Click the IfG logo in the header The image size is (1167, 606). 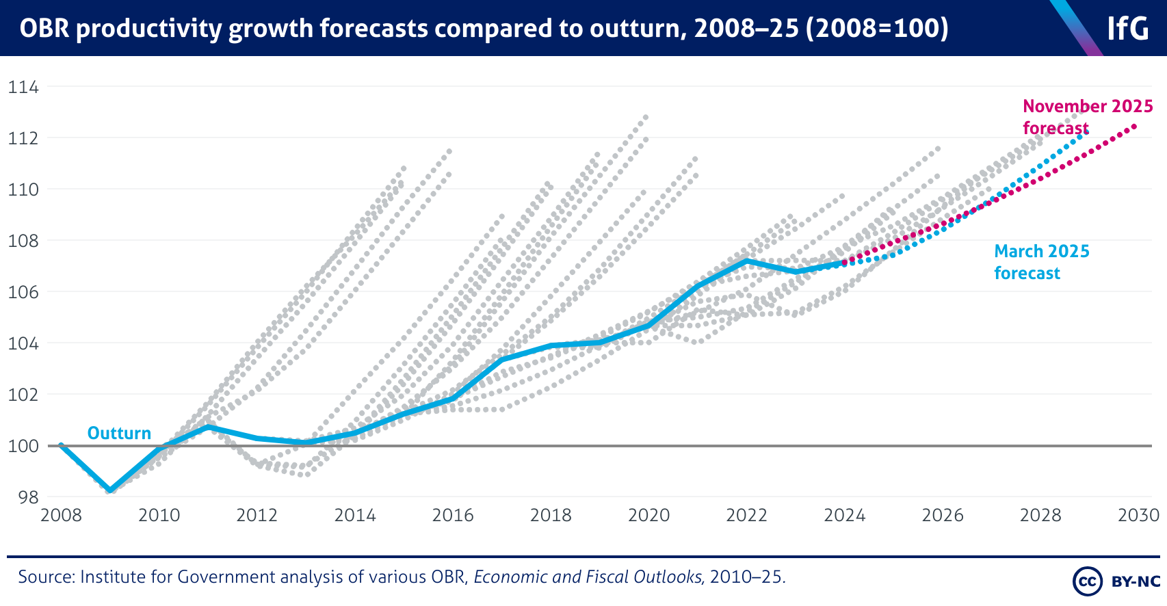pos(1127,28)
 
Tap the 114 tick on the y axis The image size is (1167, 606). pos(23,88)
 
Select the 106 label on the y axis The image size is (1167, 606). pos(23,292)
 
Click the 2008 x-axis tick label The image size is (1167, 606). pos(61,516)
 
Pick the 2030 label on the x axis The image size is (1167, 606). pos(1138,516)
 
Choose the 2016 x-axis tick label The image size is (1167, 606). pos(453,516)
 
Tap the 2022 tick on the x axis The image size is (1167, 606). pos(746,516)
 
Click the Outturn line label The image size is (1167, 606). pos(119,433)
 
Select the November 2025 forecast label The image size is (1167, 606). pos(1087,117)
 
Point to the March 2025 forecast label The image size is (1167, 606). pos(1041,262)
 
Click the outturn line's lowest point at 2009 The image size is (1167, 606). pos(110,490)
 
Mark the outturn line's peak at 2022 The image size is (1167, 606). pos(746,261)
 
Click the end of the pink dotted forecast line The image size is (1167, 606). pos(1136,125)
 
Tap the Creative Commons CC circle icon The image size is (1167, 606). pos(1087,581)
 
